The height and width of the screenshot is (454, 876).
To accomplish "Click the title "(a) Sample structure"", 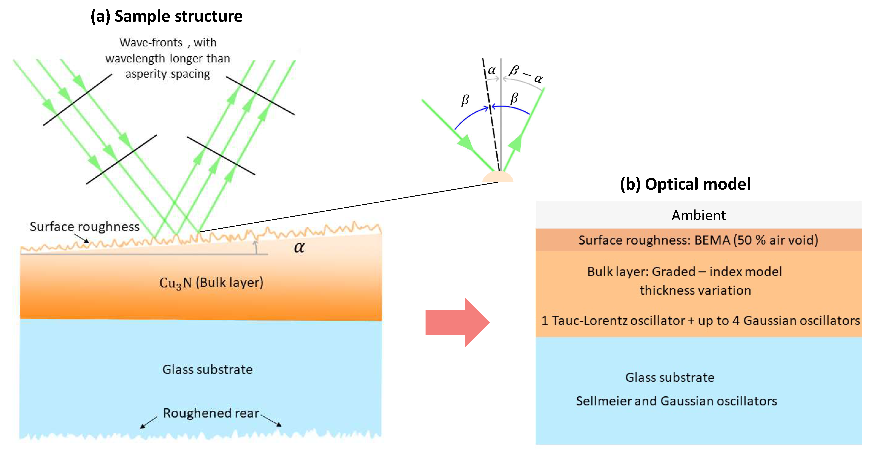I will tap(166, 16).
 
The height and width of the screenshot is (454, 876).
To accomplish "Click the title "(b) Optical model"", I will tap(685, 184).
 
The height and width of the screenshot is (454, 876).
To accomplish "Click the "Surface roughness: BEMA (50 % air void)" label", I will tap(698, 240).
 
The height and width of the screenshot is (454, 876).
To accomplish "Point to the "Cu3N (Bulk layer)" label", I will tap(211, 282).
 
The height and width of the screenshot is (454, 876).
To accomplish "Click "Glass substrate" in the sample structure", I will tap(207, 369).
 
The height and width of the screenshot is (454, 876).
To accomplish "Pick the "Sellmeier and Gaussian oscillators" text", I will tap(676, 401).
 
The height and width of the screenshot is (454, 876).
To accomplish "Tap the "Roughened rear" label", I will tap(211, 413).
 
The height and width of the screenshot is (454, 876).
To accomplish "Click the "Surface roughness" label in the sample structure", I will tap(84, 226).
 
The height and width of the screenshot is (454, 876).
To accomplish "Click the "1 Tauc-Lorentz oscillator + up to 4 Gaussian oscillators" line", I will tap(700, 320).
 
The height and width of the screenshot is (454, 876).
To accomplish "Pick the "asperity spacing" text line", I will tap(168, 74).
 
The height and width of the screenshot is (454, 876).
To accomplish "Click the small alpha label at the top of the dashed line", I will tap(491, 70).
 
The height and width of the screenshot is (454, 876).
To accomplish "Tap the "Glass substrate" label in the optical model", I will tap(670, 377).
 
